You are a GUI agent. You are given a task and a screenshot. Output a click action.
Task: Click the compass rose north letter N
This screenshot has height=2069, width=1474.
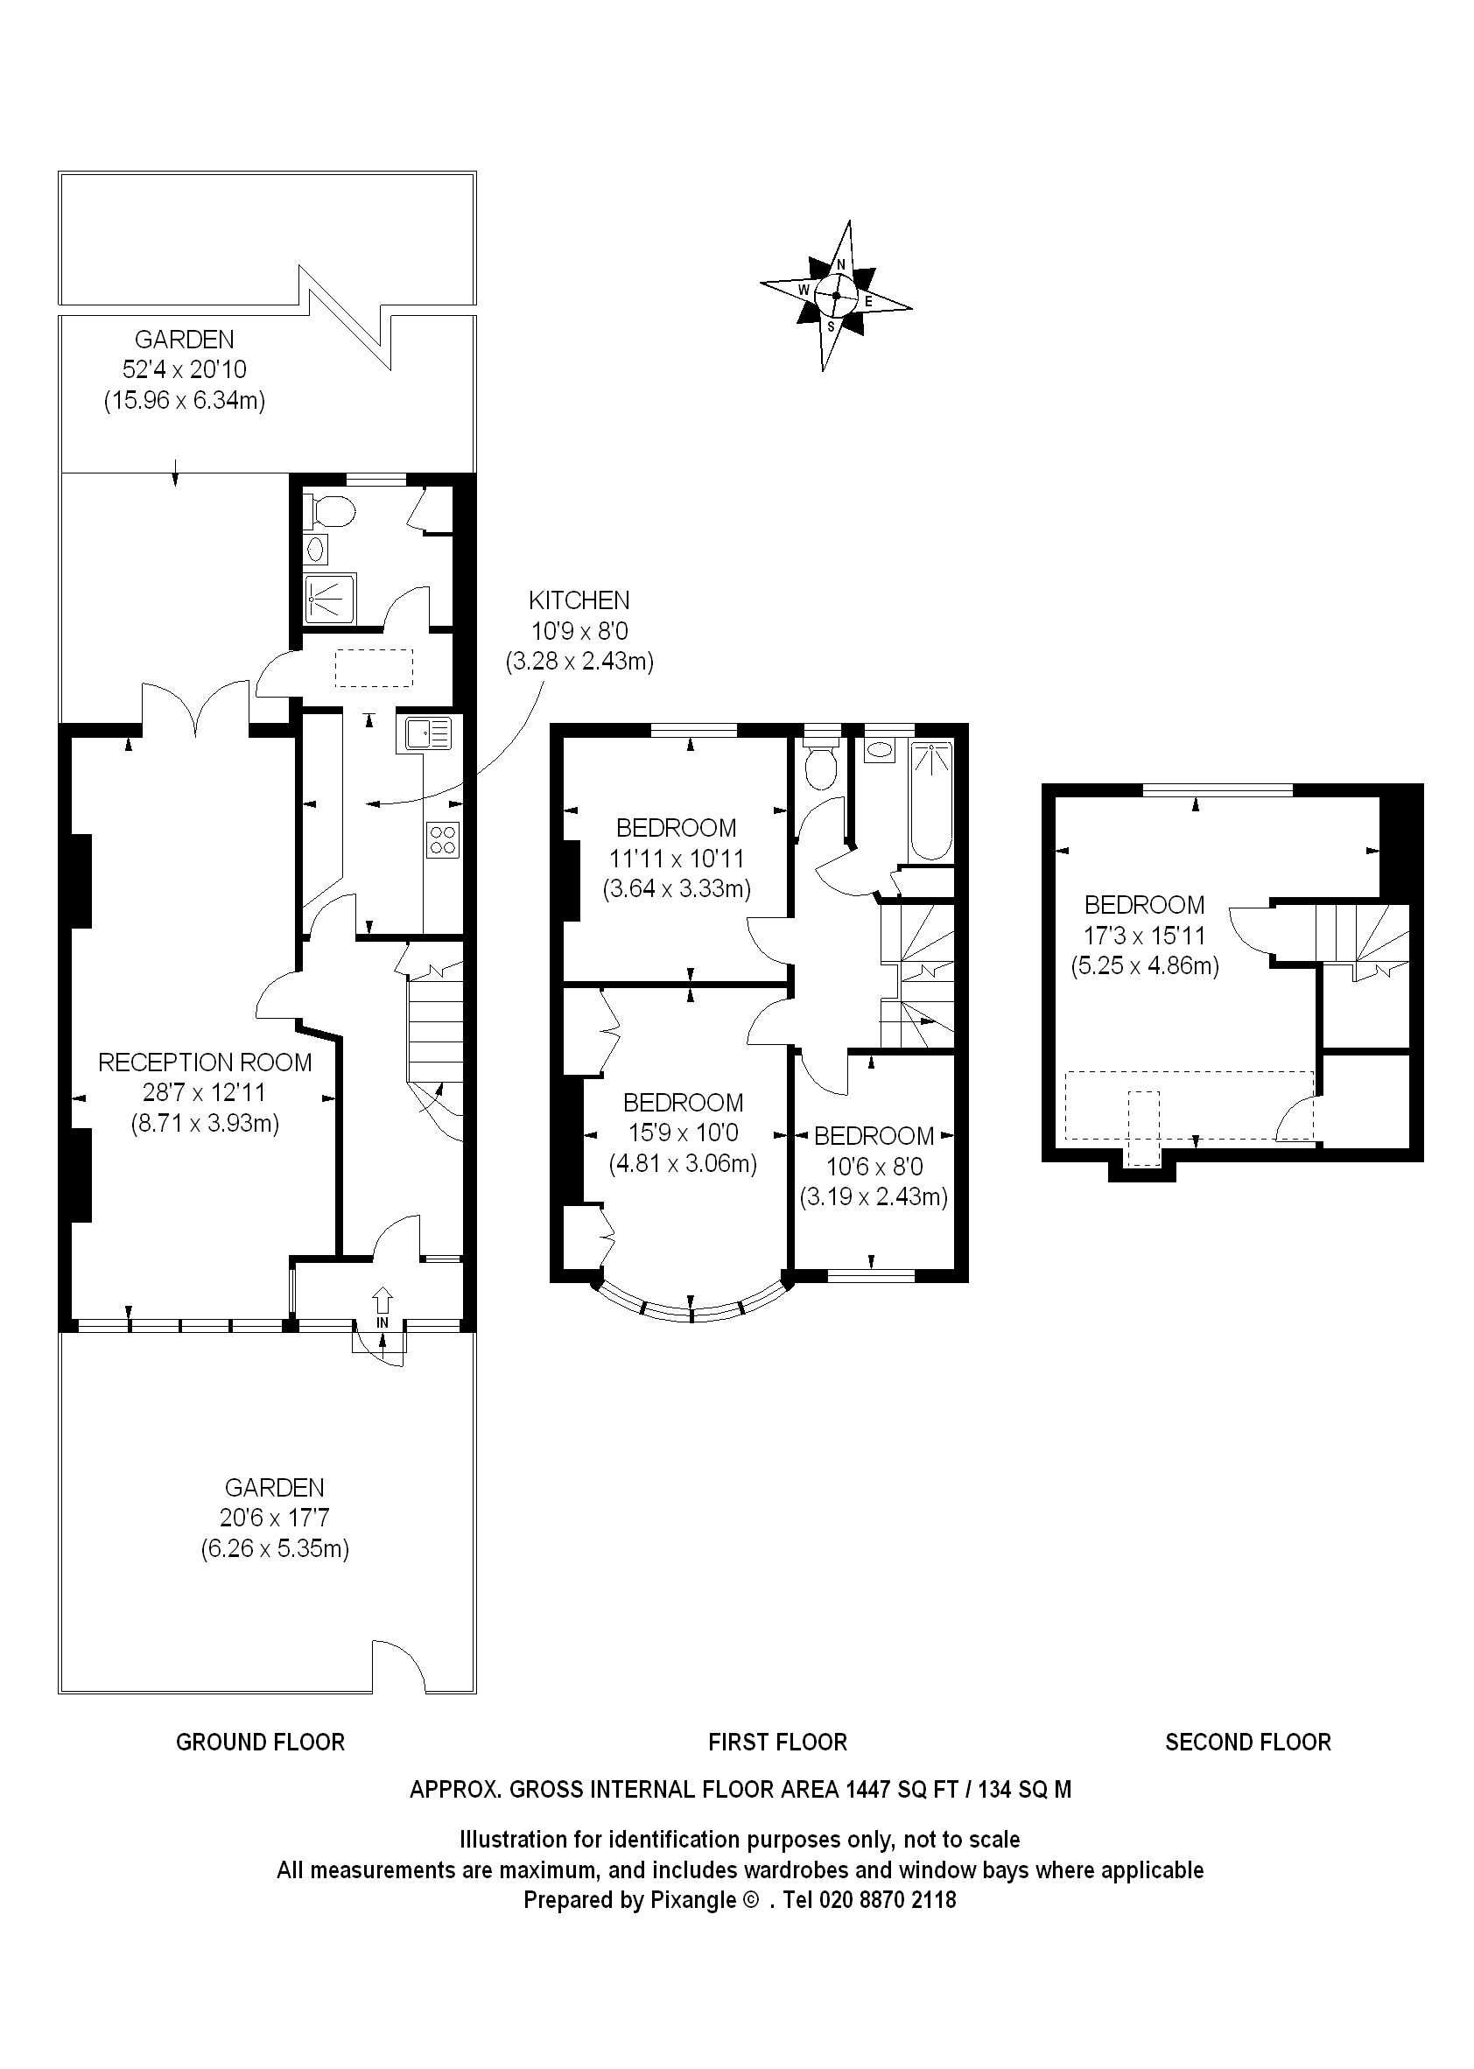click(x=841, y=265)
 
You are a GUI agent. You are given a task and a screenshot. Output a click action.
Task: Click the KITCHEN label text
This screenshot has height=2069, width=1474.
click(x=579, y=600)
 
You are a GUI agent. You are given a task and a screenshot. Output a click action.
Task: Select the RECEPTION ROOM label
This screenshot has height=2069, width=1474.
click(x=205, y=1063)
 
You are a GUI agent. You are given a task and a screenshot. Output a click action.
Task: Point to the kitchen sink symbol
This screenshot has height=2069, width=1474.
click(x=425, y=733)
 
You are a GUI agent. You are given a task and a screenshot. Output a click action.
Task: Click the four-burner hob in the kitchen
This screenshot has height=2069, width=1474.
click(x=443, y=838)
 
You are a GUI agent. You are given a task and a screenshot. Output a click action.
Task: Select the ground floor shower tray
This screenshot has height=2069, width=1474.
click(x=330, y=599)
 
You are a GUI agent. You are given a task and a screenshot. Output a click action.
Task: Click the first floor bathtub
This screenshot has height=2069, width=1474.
click(x=931, y=800)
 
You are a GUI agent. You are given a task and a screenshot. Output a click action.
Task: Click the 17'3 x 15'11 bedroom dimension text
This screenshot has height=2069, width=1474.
click(x=1145, y=936)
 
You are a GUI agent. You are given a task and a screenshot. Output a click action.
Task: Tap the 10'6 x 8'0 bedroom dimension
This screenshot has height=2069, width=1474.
click(x=874, y=1166)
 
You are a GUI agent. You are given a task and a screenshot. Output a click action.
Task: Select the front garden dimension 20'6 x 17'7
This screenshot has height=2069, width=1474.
click(x=274, y=1518)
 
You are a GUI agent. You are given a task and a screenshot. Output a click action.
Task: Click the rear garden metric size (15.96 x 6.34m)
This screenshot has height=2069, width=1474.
click(x=184, y=400)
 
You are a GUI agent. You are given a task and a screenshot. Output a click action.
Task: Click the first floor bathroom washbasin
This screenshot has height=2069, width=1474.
click(x=879, y=750)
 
